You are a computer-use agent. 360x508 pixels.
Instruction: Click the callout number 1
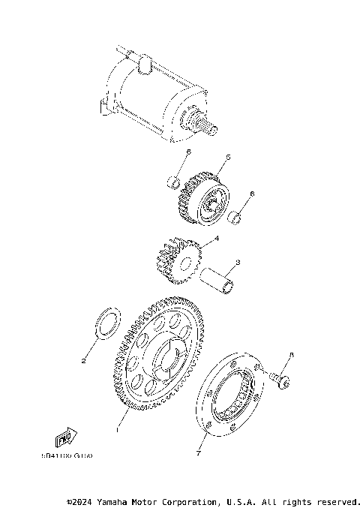pos(116,431)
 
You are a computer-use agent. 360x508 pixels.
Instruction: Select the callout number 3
pos(237,263)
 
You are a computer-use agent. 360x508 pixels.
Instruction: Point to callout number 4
pos(217,239)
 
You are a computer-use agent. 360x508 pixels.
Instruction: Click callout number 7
pos(199,453)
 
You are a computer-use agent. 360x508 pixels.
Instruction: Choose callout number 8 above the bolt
pos(292,354)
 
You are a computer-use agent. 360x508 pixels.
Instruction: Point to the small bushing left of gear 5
pos(172,181)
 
